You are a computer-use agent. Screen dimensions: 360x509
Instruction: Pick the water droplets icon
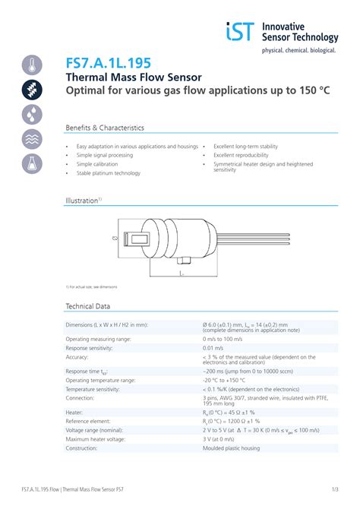[x=31, y=114]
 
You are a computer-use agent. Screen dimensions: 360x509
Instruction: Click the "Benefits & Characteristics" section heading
[x=105, y=128]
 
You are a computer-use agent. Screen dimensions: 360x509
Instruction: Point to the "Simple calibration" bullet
[x=97, y=164]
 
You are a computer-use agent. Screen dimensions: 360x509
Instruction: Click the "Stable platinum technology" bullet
[x=108, y=173]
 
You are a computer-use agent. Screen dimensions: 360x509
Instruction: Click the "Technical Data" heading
[x=88, y=306]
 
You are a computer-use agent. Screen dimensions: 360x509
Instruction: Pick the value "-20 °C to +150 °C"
[x=228, y=380]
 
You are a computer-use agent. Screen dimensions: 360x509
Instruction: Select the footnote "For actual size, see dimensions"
[x=92, y=286]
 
